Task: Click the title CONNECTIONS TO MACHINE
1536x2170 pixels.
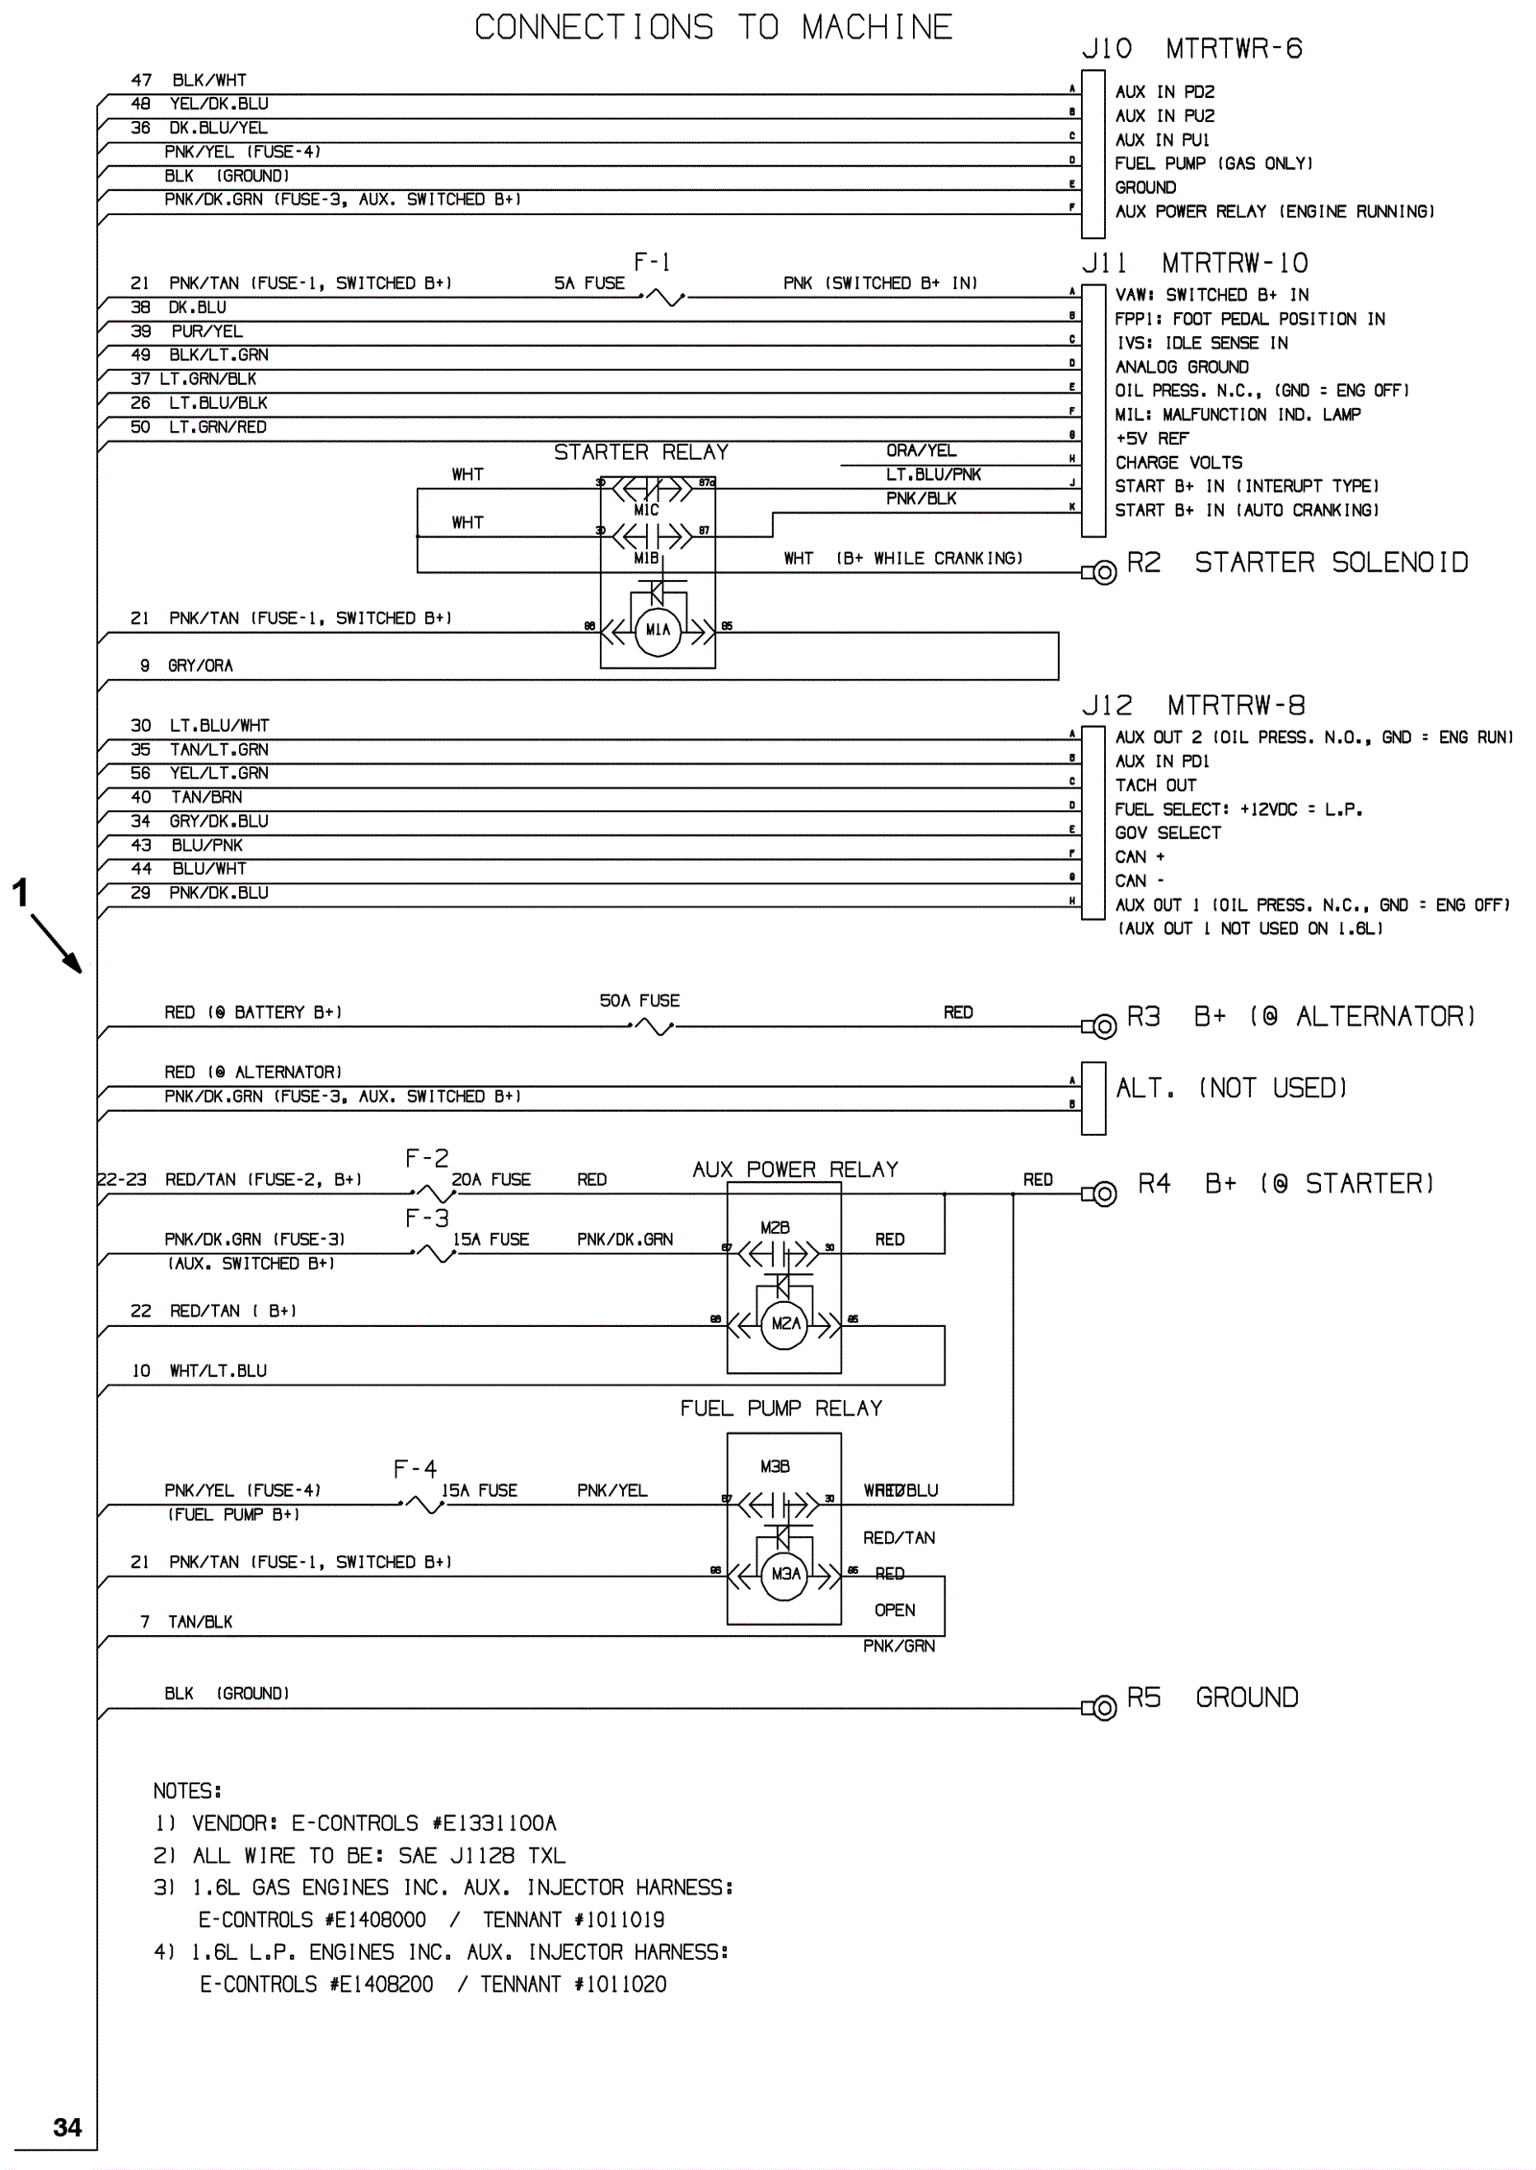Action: coord(713,27)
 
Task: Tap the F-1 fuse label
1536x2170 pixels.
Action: coord(652,262)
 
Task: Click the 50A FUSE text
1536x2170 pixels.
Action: coord(639,1001)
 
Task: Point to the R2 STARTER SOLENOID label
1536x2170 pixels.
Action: coord(1297,563)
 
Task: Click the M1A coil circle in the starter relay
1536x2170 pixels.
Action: coord(658,630)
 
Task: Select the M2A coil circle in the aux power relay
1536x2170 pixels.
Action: coord(784,1324)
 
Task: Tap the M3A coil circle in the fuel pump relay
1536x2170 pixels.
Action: coord(784,1574)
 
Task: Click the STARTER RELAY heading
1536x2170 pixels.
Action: coord(640,452)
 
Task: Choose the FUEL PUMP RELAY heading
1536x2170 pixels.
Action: coord(780,1409)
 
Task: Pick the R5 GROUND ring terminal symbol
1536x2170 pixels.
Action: coord(1104,1708)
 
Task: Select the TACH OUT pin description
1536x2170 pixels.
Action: coord(1155,785)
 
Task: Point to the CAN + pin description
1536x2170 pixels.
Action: coord(1140,856)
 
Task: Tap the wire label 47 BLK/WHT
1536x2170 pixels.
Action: coord(188,81)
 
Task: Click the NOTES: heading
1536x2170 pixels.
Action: coord(187,1791)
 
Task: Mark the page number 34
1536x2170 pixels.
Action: coord(67,2127)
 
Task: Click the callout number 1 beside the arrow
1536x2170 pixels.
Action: coord(19,893)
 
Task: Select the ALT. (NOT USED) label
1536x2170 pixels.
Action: coord(1231,1088)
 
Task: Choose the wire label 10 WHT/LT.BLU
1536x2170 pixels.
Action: coord(199,1371)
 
